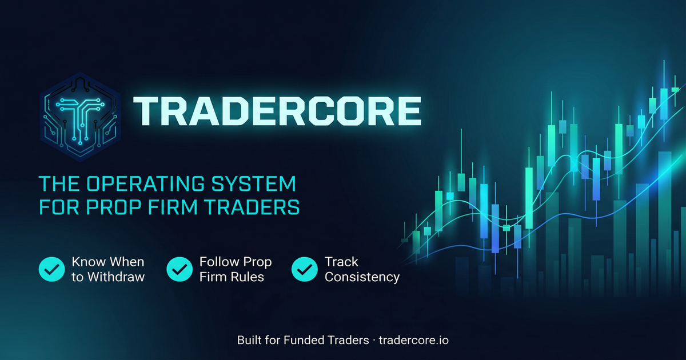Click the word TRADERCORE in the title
click(277, 111)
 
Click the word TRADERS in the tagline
click(256, 207)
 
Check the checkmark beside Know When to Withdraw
click(51, 269)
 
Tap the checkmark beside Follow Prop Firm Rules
click(180, 269)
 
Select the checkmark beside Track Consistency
click(305, 269)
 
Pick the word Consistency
click(362, 277)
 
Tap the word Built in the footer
click(249, 340)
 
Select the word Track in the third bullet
click(341, 262)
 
